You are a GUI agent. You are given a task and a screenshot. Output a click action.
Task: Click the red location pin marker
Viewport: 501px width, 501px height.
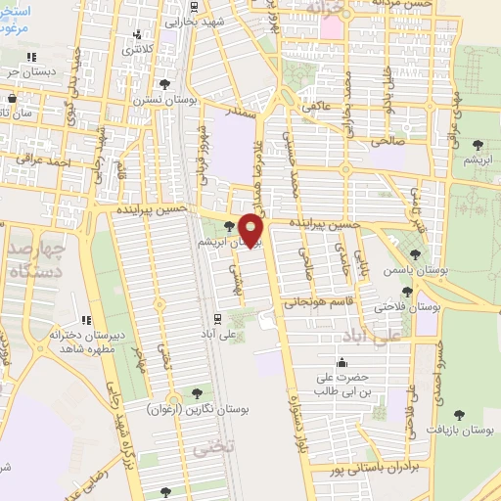(252, 230)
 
